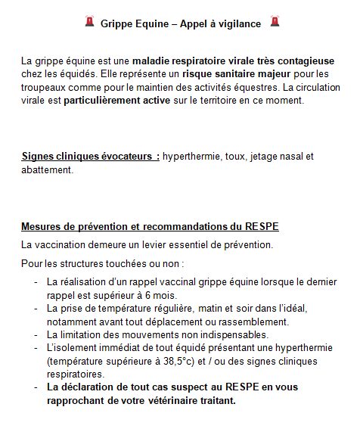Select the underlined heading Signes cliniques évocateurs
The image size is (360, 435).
91,157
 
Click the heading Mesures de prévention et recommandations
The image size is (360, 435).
141,228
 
